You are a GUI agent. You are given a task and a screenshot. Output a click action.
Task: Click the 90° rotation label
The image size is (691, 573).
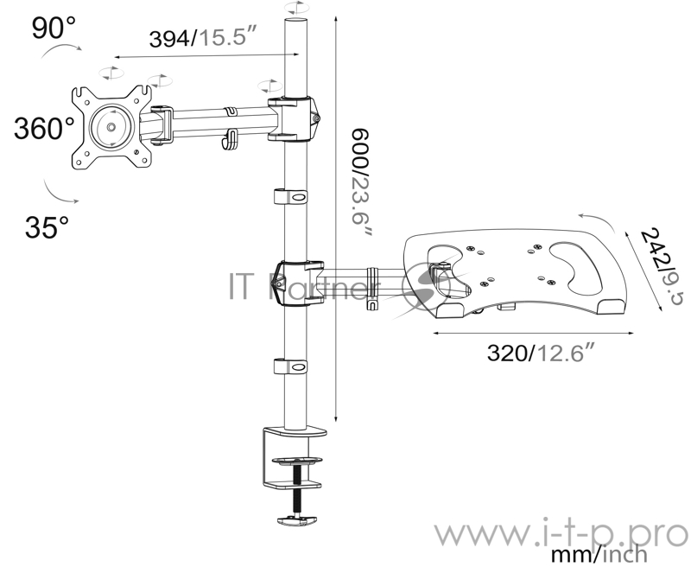coord(54,28)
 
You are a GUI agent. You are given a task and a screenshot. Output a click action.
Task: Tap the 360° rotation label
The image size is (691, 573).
coord(45,129)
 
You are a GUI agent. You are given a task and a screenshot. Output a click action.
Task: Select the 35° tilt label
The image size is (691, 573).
coord(47,227)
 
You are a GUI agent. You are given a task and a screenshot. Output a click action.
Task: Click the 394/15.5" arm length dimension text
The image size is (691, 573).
coord(203,37)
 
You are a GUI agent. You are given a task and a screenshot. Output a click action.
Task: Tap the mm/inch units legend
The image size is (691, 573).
coord(599,555)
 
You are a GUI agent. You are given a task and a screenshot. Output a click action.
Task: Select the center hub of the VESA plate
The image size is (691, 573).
coord(111,127)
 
